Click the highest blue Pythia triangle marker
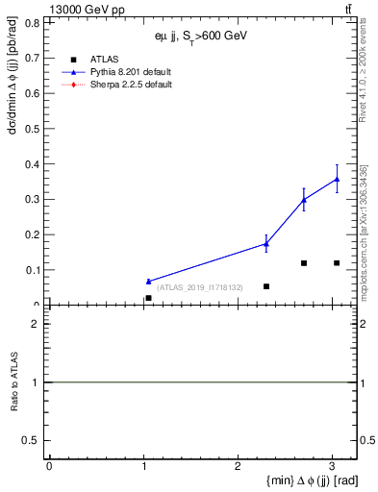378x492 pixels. (x=337, y=179)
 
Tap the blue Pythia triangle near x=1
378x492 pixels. (x=148, y=282)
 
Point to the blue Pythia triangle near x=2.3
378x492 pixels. (x=266, y=244)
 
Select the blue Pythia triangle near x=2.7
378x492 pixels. (x=304, y=200)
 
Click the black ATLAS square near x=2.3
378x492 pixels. (x=266, y=286)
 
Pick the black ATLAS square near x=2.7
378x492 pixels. (x=304, y=263)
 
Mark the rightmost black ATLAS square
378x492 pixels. (x=337, y=263)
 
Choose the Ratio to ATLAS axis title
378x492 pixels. (x=13, y=381)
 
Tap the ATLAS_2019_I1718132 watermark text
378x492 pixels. (x=199, y=287)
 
